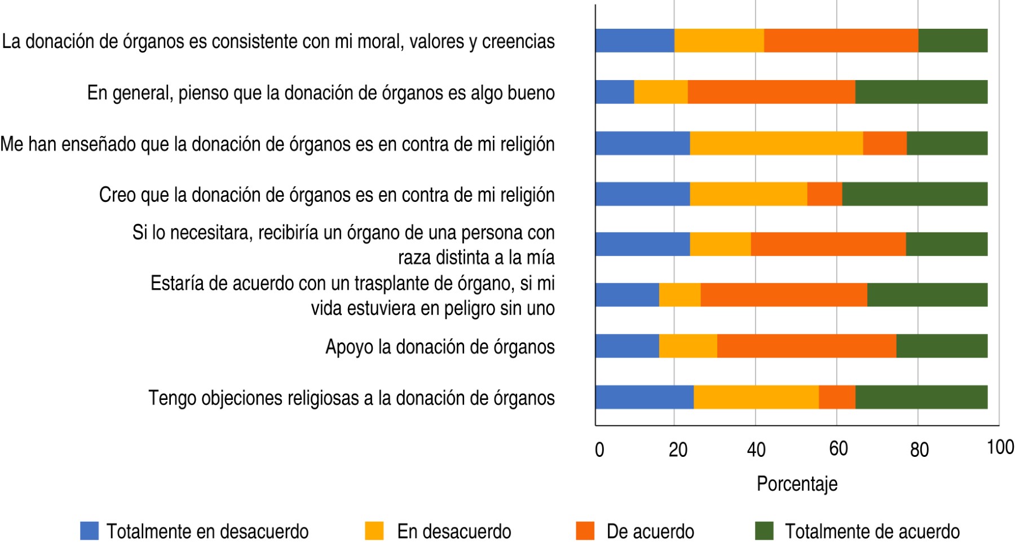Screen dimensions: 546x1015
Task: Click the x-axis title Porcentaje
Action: tap(797, 484)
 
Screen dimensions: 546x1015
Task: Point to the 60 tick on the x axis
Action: tap(838, 449)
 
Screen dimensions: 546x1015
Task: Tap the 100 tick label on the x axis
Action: tap(1000, 447)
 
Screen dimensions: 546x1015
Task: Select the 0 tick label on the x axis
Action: tap(599, 450)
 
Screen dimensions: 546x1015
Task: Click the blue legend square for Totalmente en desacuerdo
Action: tap(89, 531)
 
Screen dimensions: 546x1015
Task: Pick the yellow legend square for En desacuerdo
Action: tap(374, 531)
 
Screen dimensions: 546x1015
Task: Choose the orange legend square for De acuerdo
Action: tap(585, 531)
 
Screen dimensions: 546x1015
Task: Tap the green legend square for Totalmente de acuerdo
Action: tap(764, 531)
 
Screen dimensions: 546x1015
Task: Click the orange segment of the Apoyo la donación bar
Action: tap(806, 346)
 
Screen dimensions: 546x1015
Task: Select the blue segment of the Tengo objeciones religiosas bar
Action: tap(645, 397)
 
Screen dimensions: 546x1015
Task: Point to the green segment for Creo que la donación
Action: tap(915, 194)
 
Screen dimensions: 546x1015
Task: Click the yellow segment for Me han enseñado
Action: tap(776, 143)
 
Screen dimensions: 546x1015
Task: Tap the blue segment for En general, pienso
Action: tap(615, 92)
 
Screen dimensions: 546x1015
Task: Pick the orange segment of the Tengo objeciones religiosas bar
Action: tap(837, 397)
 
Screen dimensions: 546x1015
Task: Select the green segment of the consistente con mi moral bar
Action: tap(952, 41)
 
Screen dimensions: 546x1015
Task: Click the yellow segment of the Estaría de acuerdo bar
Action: tap(679, 295)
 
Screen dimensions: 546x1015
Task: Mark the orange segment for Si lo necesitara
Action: tap(828, 244)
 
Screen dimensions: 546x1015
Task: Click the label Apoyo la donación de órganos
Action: tap(440, 347)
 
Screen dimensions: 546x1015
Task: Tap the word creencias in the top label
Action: tap(518, 41)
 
